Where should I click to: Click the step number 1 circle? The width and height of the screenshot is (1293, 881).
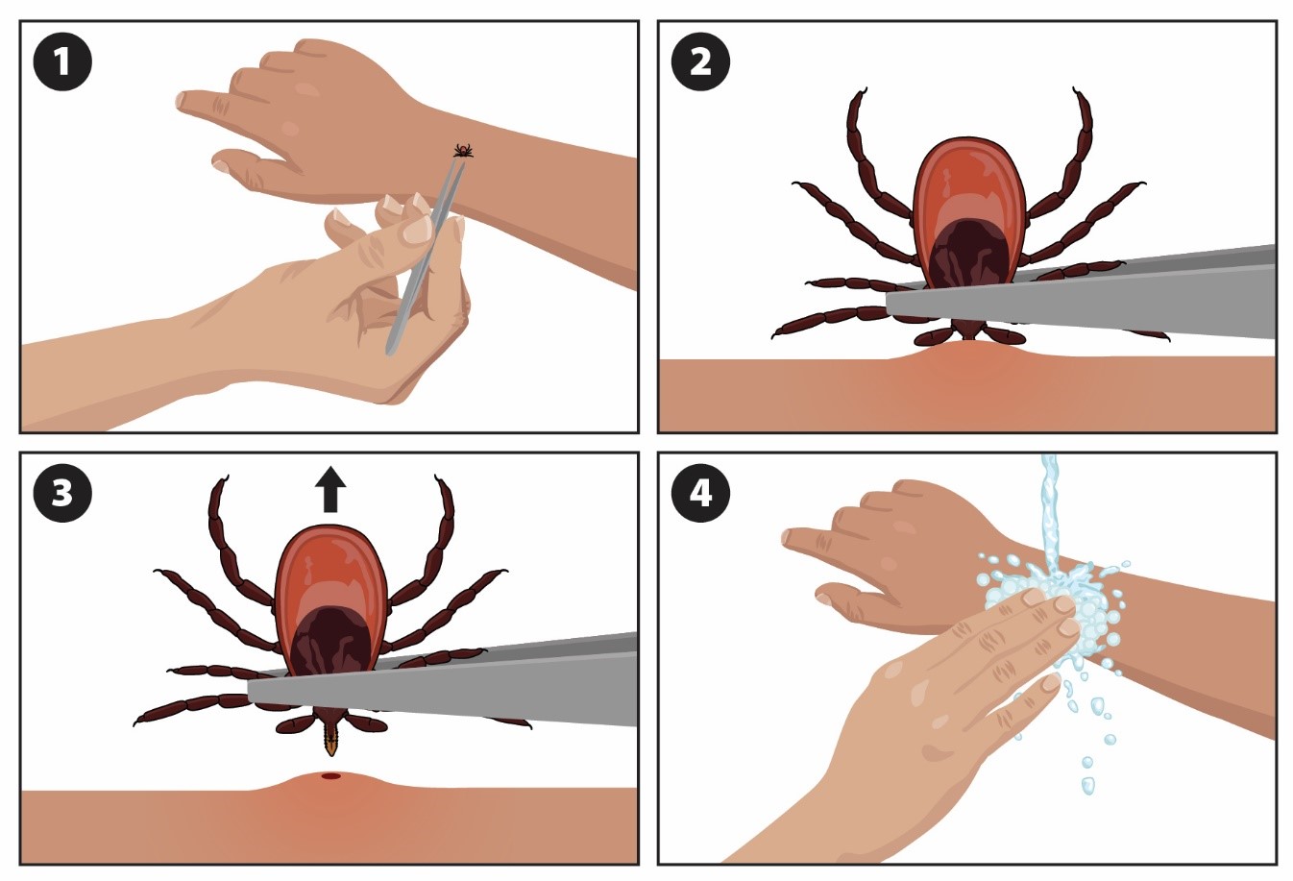(62, 62)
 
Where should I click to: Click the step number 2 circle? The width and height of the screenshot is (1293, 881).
(700, 62)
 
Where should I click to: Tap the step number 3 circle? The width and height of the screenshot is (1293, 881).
(62, 493)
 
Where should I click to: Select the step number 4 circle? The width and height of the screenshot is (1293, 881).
(700, 493)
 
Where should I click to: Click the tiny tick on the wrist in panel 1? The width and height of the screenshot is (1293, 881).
(463, 150)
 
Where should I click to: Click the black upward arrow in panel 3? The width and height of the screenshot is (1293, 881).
(330, 490)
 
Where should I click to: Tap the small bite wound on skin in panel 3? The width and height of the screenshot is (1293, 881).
(330, 775)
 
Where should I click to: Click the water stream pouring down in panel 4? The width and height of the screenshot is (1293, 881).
(1050, 509)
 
